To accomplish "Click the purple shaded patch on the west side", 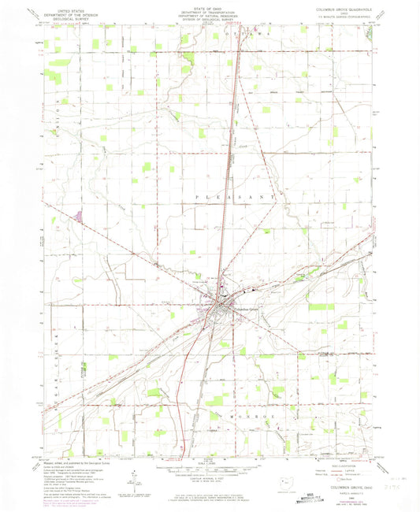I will [x=78, y=213].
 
